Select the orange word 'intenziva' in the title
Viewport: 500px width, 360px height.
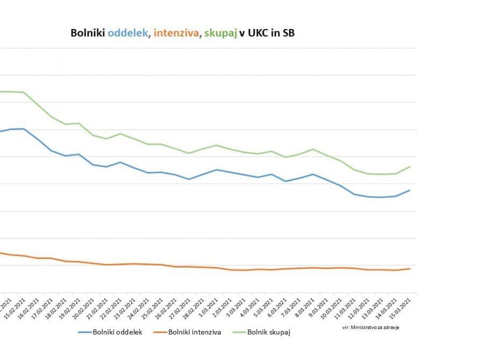[x=175, y=33]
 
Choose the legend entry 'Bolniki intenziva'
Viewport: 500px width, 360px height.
[x=194, y=333]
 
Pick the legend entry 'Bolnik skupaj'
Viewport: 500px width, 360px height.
[x=269, y=333]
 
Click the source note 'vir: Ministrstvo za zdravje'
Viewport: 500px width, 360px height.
[x=370, y=327]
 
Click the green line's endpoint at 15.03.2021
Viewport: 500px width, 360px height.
[x=410, y=167]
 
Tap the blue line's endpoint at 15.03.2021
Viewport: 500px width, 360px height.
[x=410, y=190]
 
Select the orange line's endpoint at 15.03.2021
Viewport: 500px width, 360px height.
[x=410, y=269]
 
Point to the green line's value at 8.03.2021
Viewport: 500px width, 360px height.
[x=313, y=149]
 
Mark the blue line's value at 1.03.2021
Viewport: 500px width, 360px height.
[x=216, y=170]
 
